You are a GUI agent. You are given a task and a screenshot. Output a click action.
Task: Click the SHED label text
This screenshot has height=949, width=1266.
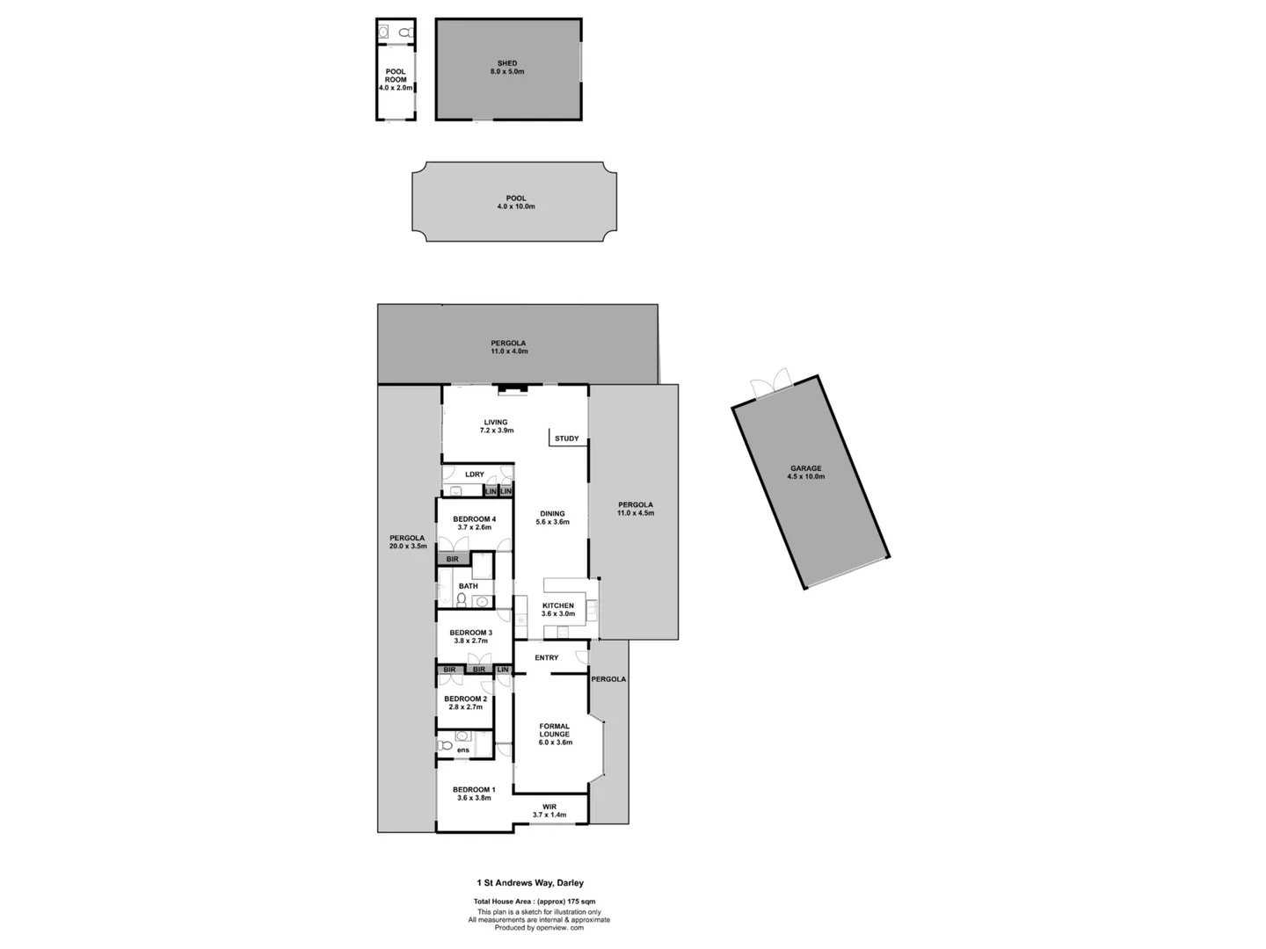pyautogui.click(x=507, y=63)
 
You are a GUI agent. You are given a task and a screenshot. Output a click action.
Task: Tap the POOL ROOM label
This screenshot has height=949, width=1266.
pyautogui.click(x=396, y=76)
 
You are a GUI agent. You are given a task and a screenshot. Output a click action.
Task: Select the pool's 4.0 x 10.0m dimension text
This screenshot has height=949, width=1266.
pyautogui.click(x=516, y=207)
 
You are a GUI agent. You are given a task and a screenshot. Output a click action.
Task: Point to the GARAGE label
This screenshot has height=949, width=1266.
pyautogui.click(x=805, y=468)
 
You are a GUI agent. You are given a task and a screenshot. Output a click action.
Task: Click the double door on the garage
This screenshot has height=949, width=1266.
pyautogui.click(x=770, y=384)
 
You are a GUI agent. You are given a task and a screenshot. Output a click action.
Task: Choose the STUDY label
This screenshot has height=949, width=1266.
pyautogui.click(x=566, y=438)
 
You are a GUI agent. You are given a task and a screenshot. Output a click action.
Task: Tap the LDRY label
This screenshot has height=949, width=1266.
pyautogui.click(x=475, y=474)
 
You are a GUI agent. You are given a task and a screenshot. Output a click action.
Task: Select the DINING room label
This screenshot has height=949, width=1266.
pyautogui.click(x=552, y=514)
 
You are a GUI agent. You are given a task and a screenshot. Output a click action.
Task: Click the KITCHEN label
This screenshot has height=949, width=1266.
pyautogui.click(x=557, y=605)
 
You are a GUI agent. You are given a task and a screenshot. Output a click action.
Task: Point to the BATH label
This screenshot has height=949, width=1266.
pyautogui.click(x=469, y=586)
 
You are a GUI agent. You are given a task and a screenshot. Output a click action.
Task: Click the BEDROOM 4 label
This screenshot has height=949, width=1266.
pyautogui.click(x=474, y=519)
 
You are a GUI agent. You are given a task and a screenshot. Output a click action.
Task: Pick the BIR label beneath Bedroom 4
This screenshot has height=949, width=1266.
pyautogui.click(x=452, y=559)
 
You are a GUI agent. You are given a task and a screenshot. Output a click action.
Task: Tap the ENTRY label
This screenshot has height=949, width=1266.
pyautogui.click(x=546, y=657)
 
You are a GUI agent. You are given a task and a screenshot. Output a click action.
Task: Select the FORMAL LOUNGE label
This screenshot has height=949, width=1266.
pyautogui.click(x=555, y=730)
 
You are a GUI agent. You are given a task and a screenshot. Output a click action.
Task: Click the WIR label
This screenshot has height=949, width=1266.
pyautogui.click(x=549, y=807)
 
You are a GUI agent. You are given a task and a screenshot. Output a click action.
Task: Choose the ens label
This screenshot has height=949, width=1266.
pyautogui.click(x=462, y=750)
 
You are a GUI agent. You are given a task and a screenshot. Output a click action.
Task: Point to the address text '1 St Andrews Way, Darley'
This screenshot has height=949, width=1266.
pyautogui.click(x=530, y=883)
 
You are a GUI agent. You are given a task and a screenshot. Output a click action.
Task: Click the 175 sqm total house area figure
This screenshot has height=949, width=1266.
pyautogui.click(x=581, y=902)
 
